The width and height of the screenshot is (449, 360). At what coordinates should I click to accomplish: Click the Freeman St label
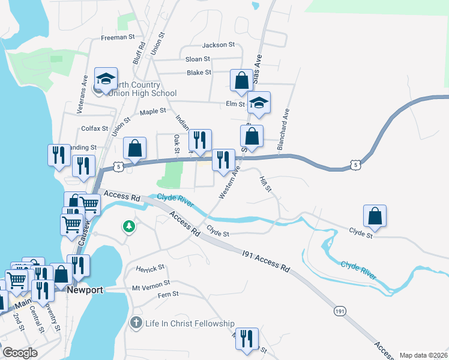click(x=118, y=37)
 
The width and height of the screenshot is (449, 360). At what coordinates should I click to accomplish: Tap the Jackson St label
click(x=218, y=45)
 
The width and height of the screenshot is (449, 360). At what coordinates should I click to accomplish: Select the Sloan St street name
click(x=197, y=59)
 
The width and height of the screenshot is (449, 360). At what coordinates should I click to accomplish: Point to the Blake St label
click(x=199, y=73)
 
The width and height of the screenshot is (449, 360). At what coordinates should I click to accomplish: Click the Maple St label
click(x=152, y=112)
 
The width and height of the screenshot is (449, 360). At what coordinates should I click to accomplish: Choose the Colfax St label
click(x=95, y=128)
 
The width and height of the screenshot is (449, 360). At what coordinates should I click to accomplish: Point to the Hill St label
click(x=265, y=184)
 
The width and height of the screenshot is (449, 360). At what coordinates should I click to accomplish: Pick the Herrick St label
click(x=150, y=268)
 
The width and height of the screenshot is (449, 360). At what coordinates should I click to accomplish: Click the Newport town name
click(x=85, y=290)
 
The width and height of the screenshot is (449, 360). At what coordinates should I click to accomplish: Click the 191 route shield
click(x=340, y=311)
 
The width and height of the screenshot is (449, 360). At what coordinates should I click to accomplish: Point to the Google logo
click(x=20, y=353)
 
